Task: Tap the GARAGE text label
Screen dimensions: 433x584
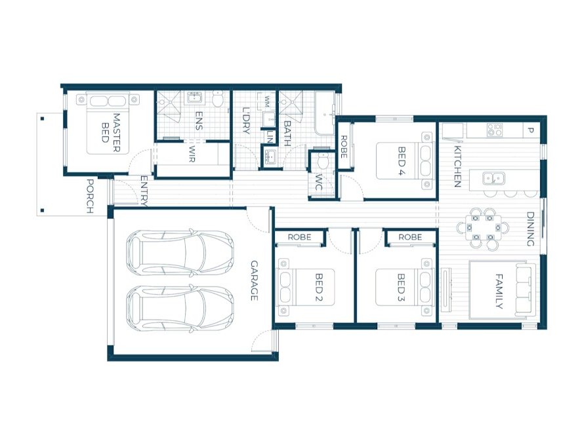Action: pyautogui.click(x=253, y=281)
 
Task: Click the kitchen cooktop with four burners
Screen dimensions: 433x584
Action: pyautogui.click(x=495, y=130)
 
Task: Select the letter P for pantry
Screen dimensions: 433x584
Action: pyautogui.click(x=530, y=130)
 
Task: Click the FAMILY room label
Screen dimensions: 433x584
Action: pyautogui.click(x=499, y=291)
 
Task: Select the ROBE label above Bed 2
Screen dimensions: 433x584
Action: pyautogui.click(x=300, y=237)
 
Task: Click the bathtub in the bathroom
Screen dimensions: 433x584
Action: pyautogui.click(x=325, y=113)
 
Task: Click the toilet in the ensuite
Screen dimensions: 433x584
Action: pyautogui.click(x=219, y=99)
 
